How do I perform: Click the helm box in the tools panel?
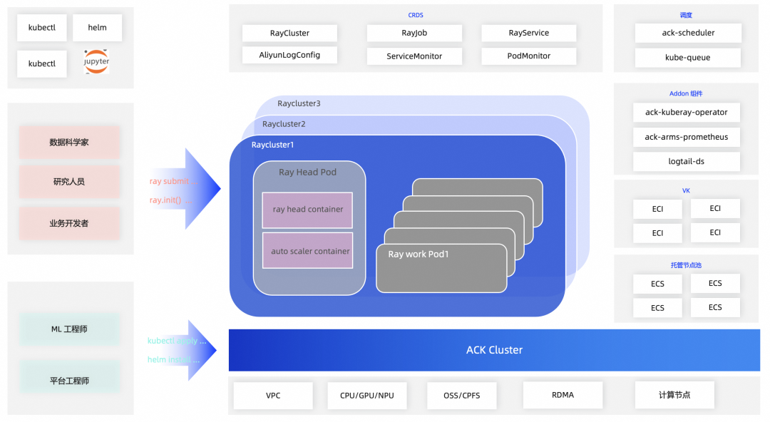(x=97, y=28)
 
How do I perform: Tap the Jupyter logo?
(x=96, y=63)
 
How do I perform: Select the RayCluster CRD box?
(x=289, y=33)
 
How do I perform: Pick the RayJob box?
(x=414, y=33)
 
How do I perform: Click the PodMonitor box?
(x=528, y=56)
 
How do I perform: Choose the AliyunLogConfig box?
(x=289, y=55)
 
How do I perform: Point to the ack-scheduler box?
(x=688, y=33)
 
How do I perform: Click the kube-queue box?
(x=688, y=57)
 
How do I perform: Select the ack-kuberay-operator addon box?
(x=686, y=113)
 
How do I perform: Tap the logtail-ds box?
(x=686, y=161)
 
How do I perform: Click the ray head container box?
(x=307, y=210)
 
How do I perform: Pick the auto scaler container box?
(x=307, y=251)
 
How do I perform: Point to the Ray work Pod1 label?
(x=419, y=254)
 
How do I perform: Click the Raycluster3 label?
(x=299, y=103)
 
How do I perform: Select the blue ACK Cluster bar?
(x=494, y=350)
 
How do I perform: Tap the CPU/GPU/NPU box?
(x=366, y=395)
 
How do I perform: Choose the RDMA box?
(x=563, y=395)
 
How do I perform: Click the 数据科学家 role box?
(x=69, y=143)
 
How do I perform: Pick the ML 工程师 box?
(x=69, y=329)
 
